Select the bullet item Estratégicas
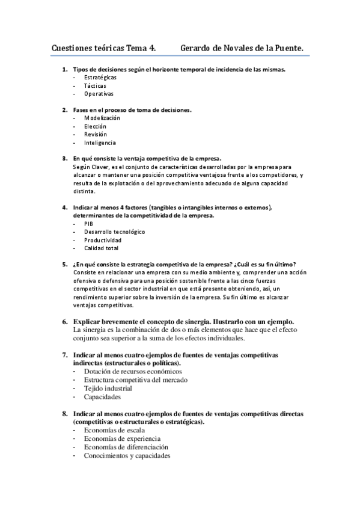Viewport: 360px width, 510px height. point(100,77)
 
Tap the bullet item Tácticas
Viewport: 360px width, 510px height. point(95,85)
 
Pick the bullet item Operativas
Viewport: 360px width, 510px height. point(99,94)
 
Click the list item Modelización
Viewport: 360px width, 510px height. point(102,118)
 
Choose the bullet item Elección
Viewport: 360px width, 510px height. point(95,126)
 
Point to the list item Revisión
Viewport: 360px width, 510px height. point(96,135)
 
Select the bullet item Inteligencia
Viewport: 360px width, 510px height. point(100,143)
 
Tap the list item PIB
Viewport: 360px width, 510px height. point(89,223)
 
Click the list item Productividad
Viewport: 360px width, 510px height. point(102,240)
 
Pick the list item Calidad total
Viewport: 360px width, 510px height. point(101,248)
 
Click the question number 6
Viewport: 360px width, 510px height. point(64,321)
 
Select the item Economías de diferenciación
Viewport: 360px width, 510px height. point(126,447)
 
